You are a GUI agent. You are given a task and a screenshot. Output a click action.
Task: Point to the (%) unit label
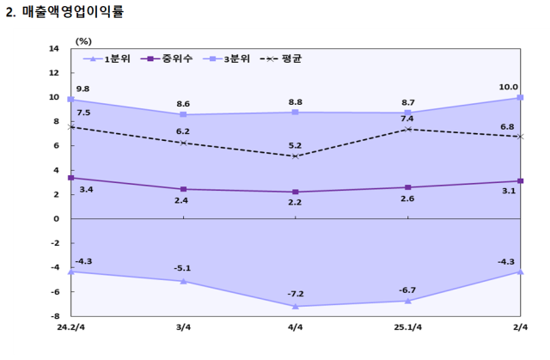click(x=84, y=40)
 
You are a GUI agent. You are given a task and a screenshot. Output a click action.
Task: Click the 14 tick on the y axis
click(x=53, y=49)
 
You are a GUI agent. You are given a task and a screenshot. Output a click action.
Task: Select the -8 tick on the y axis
click(x=53, y=316)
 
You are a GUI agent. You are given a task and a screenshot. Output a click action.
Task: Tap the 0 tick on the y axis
click(x=56, y=219)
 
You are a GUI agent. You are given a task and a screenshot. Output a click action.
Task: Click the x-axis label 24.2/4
click(x=71, y=328)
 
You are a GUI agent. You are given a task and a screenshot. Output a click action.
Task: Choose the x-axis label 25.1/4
click(x=407, y=328)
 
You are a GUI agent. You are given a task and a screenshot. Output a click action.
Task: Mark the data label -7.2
click(x=296, y=295)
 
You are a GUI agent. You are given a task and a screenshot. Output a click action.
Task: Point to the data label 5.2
click(x=296, y=145)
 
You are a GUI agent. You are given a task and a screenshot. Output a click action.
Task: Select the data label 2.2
click(x=296, y=202)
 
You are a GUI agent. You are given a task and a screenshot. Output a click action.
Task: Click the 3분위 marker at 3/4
click(x=183, y=114)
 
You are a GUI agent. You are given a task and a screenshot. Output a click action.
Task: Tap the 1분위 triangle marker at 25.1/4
click(x=407, y=301)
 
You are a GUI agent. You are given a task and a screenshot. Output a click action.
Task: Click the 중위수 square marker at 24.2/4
click(x=71, y=178)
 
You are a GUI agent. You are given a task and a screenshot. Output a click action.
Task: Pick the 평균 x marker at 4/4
click(x=296, y=156)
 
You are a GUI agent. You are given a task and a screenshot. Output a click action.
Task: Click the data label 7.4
click(x=407, y=119)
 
